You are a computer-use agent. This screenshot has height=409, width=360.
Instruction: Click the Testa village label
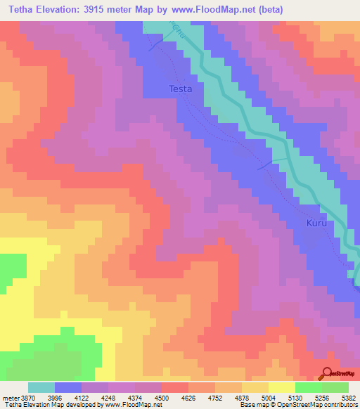(x=181, y=89)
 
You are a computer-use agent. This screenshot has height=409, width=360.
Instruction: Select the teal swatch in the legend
(x=41, y=387)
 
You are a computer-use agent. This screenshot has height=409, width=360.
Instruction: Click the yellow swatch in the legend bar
(x=282, y=387)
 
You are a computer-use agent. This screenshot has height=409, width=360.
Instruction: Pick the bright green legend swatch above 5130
(x=309, y=387)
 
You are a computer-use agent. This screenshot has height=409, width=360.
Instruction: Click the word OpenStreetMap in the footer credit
(x=321, y=405)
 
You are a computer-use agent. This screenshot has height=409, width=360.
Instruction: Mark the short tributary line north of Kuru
(x=266, y=166)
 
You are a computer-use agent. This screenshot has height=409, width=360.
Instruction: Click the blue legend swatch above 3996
(x=68, y=387)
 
